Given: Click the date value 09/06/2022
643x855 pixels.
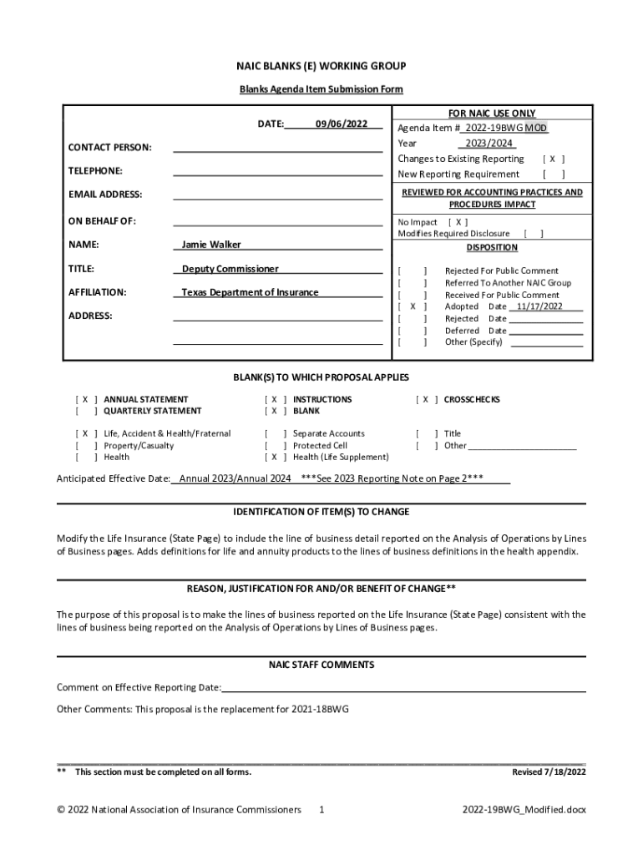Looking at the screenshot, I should click(x=342, y=124).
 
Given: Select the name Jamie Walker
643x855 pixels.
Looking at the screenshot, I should click(x=212, y=245).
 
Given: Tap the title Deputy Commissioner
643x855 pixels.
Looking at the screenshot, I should click(x=230, y=269).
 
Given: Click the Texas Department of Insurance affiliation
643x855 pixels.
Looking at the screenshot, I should click(x=251, y=292).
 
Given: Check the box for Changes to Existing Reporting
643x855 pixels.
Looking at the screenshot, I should click(x=554, y=159).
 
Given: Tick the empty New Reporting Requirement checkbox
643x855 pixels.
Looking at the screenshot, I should click(x=554, y=175).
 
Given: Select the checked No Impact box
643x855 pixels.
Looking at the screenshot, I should click(x=458, y=223).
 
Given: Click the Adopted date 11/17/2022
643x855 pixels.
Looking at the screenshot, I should click(x=539, y=306).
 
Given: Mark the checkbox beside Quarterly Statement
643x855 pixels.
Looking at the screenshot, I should click(x=86, y=411).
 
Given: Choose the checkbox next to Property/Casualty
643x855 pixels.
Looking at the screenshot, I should click(x=86, y=445).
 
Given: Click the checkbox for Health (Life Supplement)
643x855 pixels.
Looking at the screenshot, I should click(x=276, y=457).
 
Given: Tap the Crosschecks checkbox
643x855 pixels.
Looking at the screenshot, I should click(x=426, y=399).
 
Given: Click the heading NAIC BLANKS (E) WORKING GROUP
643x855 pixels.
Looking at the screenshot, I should click(x=321, y=66).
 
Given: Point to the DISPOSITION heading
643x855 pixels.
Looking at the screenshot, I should click(x=492, y=248).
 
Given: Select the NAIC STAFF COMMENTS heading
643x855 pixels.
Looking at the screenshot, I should click(x=321, y=665).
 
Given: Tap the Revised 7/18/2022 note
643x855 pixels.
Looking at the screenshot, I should click(x=549, y=772).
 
